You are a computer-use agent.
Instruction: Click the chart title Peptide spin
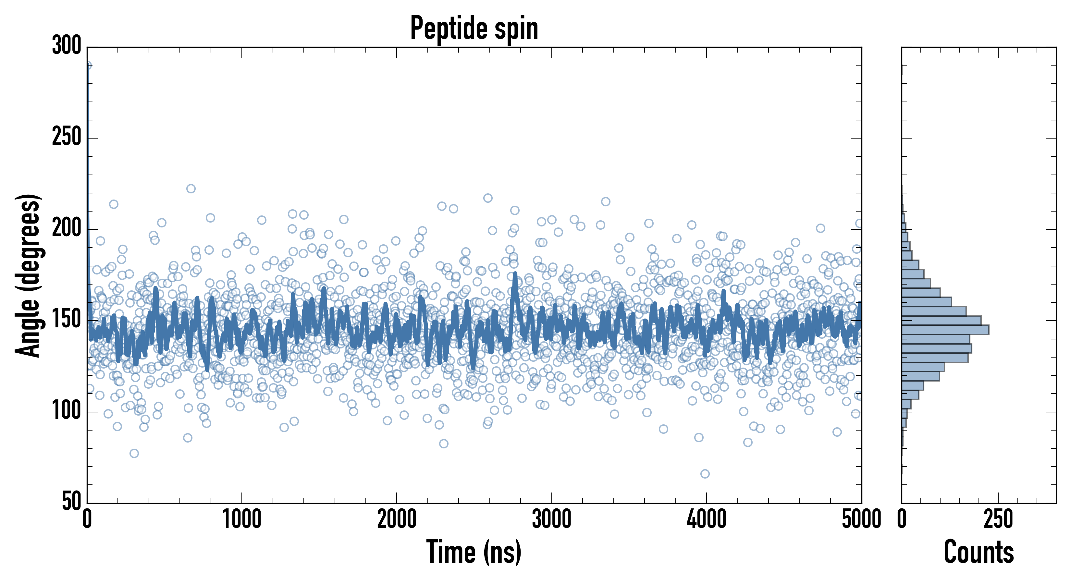click(x=474, y=28)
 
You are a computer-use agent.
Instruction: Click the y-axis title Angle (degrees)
click(x=28, y=275)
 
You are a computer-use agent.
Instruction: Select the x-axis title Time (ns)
click(x=474, y=552)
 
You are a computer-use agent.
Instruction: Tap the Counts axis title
click(x=979, y=552)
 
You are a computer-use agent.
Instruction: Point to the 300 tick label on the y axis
click(x=67, y=46)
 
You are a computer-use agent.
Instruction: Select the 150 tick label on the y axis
click(x=67, y=320)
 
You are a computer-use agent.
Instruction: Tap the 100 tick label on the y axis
click(x=67, y=411)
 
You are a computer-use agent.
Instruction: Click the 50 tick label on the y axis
click(x=71, y=501)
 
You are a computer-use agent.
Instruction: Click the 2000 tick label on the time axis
click(x=397, y=519)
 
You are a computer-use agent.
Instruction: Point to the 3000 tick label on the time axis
click(x=552, y=519)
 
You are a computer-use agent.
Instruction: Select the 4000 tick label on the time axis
click(x=707, y=519)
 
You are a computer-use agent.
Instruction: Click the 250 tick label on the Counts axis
click(x=998, y=519)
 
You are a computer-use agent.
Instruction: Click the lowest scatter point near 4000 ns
click(x=705, y=474)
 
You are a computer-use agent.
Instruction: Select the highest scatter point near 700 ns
click(x=191, y=189)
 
